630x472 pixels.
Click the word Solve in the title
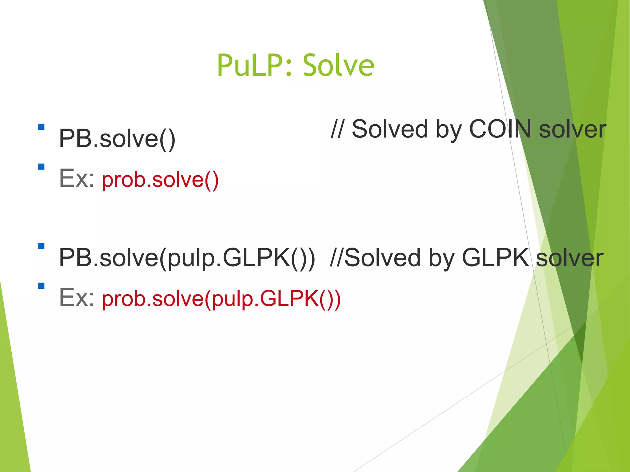click(x=338, y=65)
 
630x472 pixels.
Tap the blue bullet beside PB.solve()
click(x=41, y=127)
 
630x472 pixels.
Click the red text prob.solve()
click(x=160, y=180)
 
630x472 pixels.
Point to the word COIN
click(x=500, y=129)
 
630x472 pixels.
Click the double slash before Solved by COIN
click(x=337, y=129)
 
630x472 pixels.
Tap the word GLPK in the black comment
click(x=495, y=258)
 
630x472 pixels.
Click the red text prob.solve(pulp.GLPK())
click(x=221, y=299)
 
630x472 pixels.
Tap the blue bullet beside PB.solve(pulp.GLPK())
click(x=41, y=246)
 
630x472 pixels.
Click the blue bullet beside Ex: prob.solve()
click(x=41, y=167)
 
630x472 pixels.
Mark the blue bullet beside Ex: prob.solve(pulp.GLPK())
click(x=41, y=286)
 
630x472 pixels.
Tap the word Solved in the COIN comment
click(x=389, y=129)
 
